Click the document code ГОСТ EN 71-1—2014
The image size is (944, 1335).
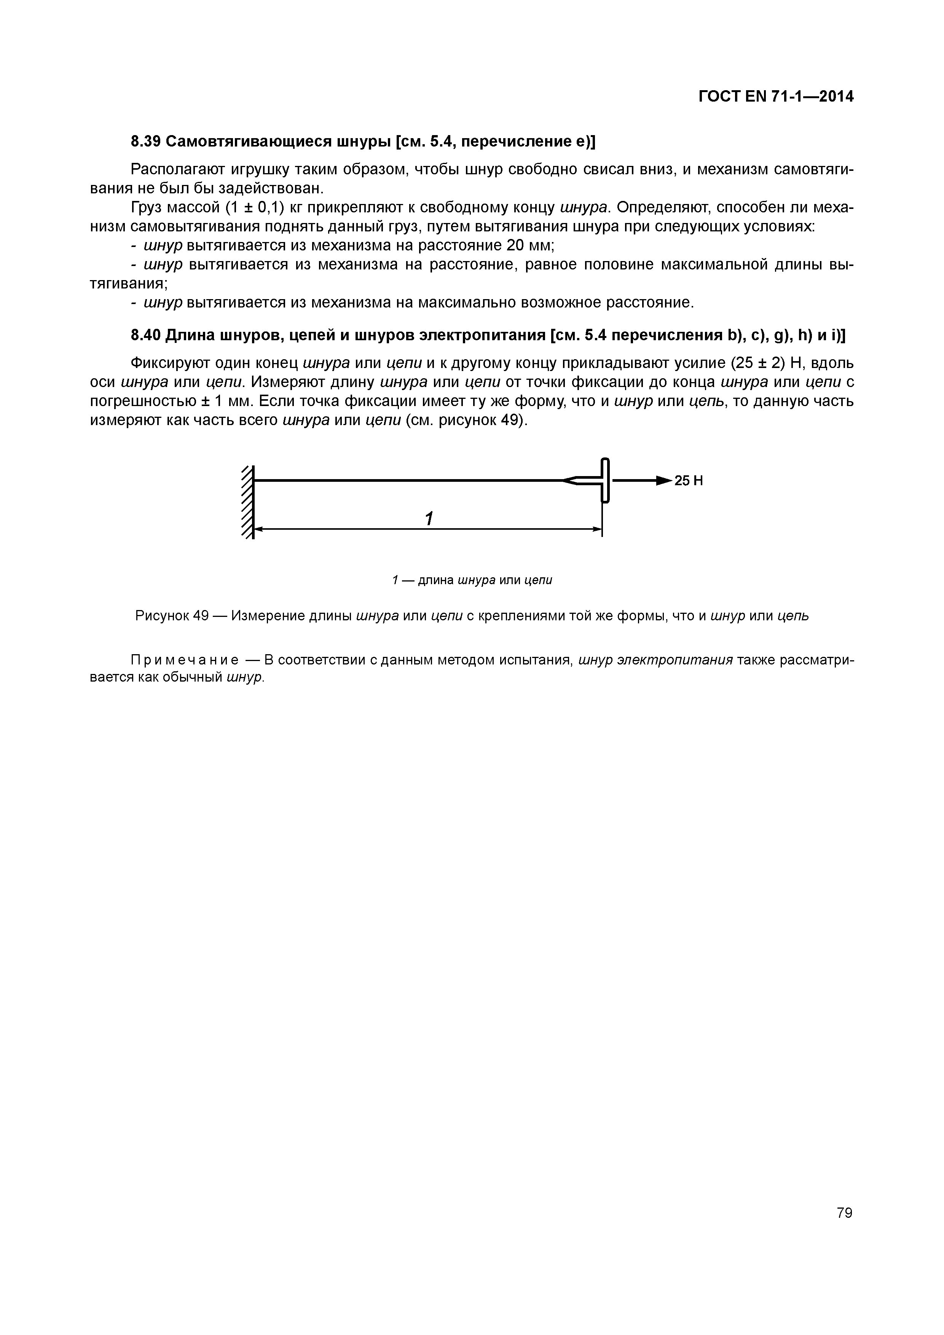[x=776, y=97]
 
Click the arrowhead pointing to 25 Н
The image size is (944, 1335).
[x=663, y=480]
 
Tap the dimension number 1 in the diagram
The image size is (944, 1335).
[x=429, y=519]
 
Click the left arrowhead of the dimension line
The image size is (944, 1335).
[x=260, y=529]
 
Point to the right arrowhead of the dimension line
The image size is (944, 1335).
[x=597, y=529]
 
